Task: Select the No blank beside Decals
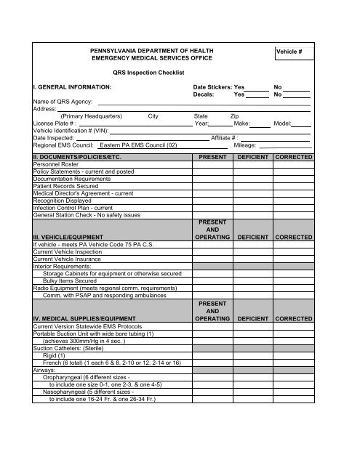click(296, 94)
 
